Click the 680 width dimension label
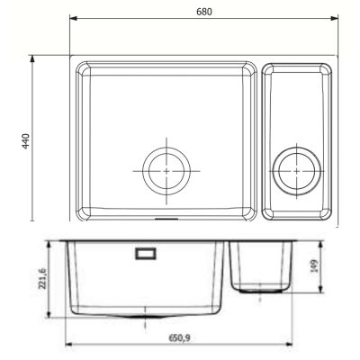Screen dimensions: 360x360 (x=204, y=12)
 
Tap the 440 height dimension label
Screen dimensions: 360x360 (x=26, y=141)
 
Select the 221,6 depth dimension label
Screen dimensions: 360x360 (x=42, y=279)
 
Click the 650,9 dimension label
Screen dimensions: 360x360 (x=179, y=338)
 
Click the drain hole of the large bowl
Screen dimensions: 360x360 (x=166, y=171)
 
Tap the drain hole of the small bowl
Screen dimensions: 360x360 (x=296, y=171)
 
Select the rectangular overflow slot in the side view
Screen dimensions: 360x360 (x=146, y=254)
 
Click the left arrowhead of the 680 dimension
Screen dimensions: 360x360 (x=74, y=19)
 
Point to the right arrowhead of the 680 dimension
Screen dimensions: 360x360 (x=334, y=19)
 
